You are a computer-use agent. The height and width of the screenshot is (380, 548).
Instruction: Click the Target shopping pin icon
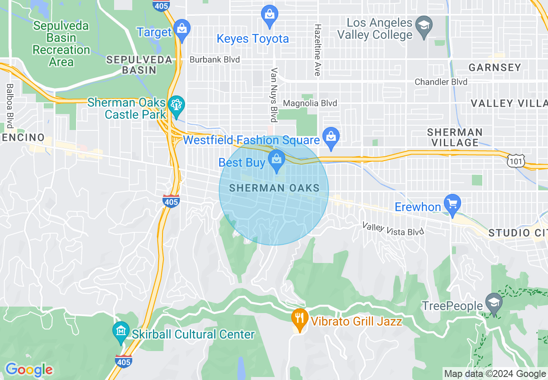coord(182,29)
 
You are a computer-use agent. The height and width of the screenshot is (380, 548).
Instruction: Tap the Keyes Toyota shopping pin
coord(270,15)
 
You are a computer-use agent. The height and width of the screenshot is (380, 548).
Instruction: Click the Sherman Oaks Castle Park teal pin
coord(176,105)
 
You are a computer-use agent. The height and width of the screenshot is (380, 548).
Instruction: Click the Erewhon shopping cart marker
coord(452,204)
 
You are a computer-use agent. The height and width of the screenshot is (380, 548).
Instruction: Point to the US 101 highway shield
coord(516,161)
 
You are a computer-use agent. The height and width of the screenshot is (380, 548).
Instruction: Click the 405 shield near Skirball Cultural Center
coord(124,361)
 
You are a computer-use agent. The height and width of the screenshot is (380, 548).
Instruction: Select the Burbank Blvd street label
coord(215,60)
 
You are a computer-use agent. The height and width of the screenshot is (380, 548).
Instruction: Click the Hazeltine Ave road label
coord(318,50)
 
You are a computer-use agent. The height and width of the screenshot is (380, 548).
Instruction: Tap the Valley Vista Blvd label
coord(393,229)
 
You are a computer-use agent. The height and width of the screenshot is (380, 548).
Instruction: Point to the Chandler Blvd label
coord(441,82)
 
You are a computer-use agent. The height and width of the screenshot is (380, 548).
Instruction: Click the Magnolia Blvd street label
coord(310,103)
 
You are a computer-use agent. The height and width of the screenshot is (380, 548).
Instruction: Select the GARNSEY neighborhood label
coord(495,68)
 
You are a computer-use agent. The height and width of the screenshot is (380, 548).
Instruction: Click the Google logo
coord(29,370)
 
